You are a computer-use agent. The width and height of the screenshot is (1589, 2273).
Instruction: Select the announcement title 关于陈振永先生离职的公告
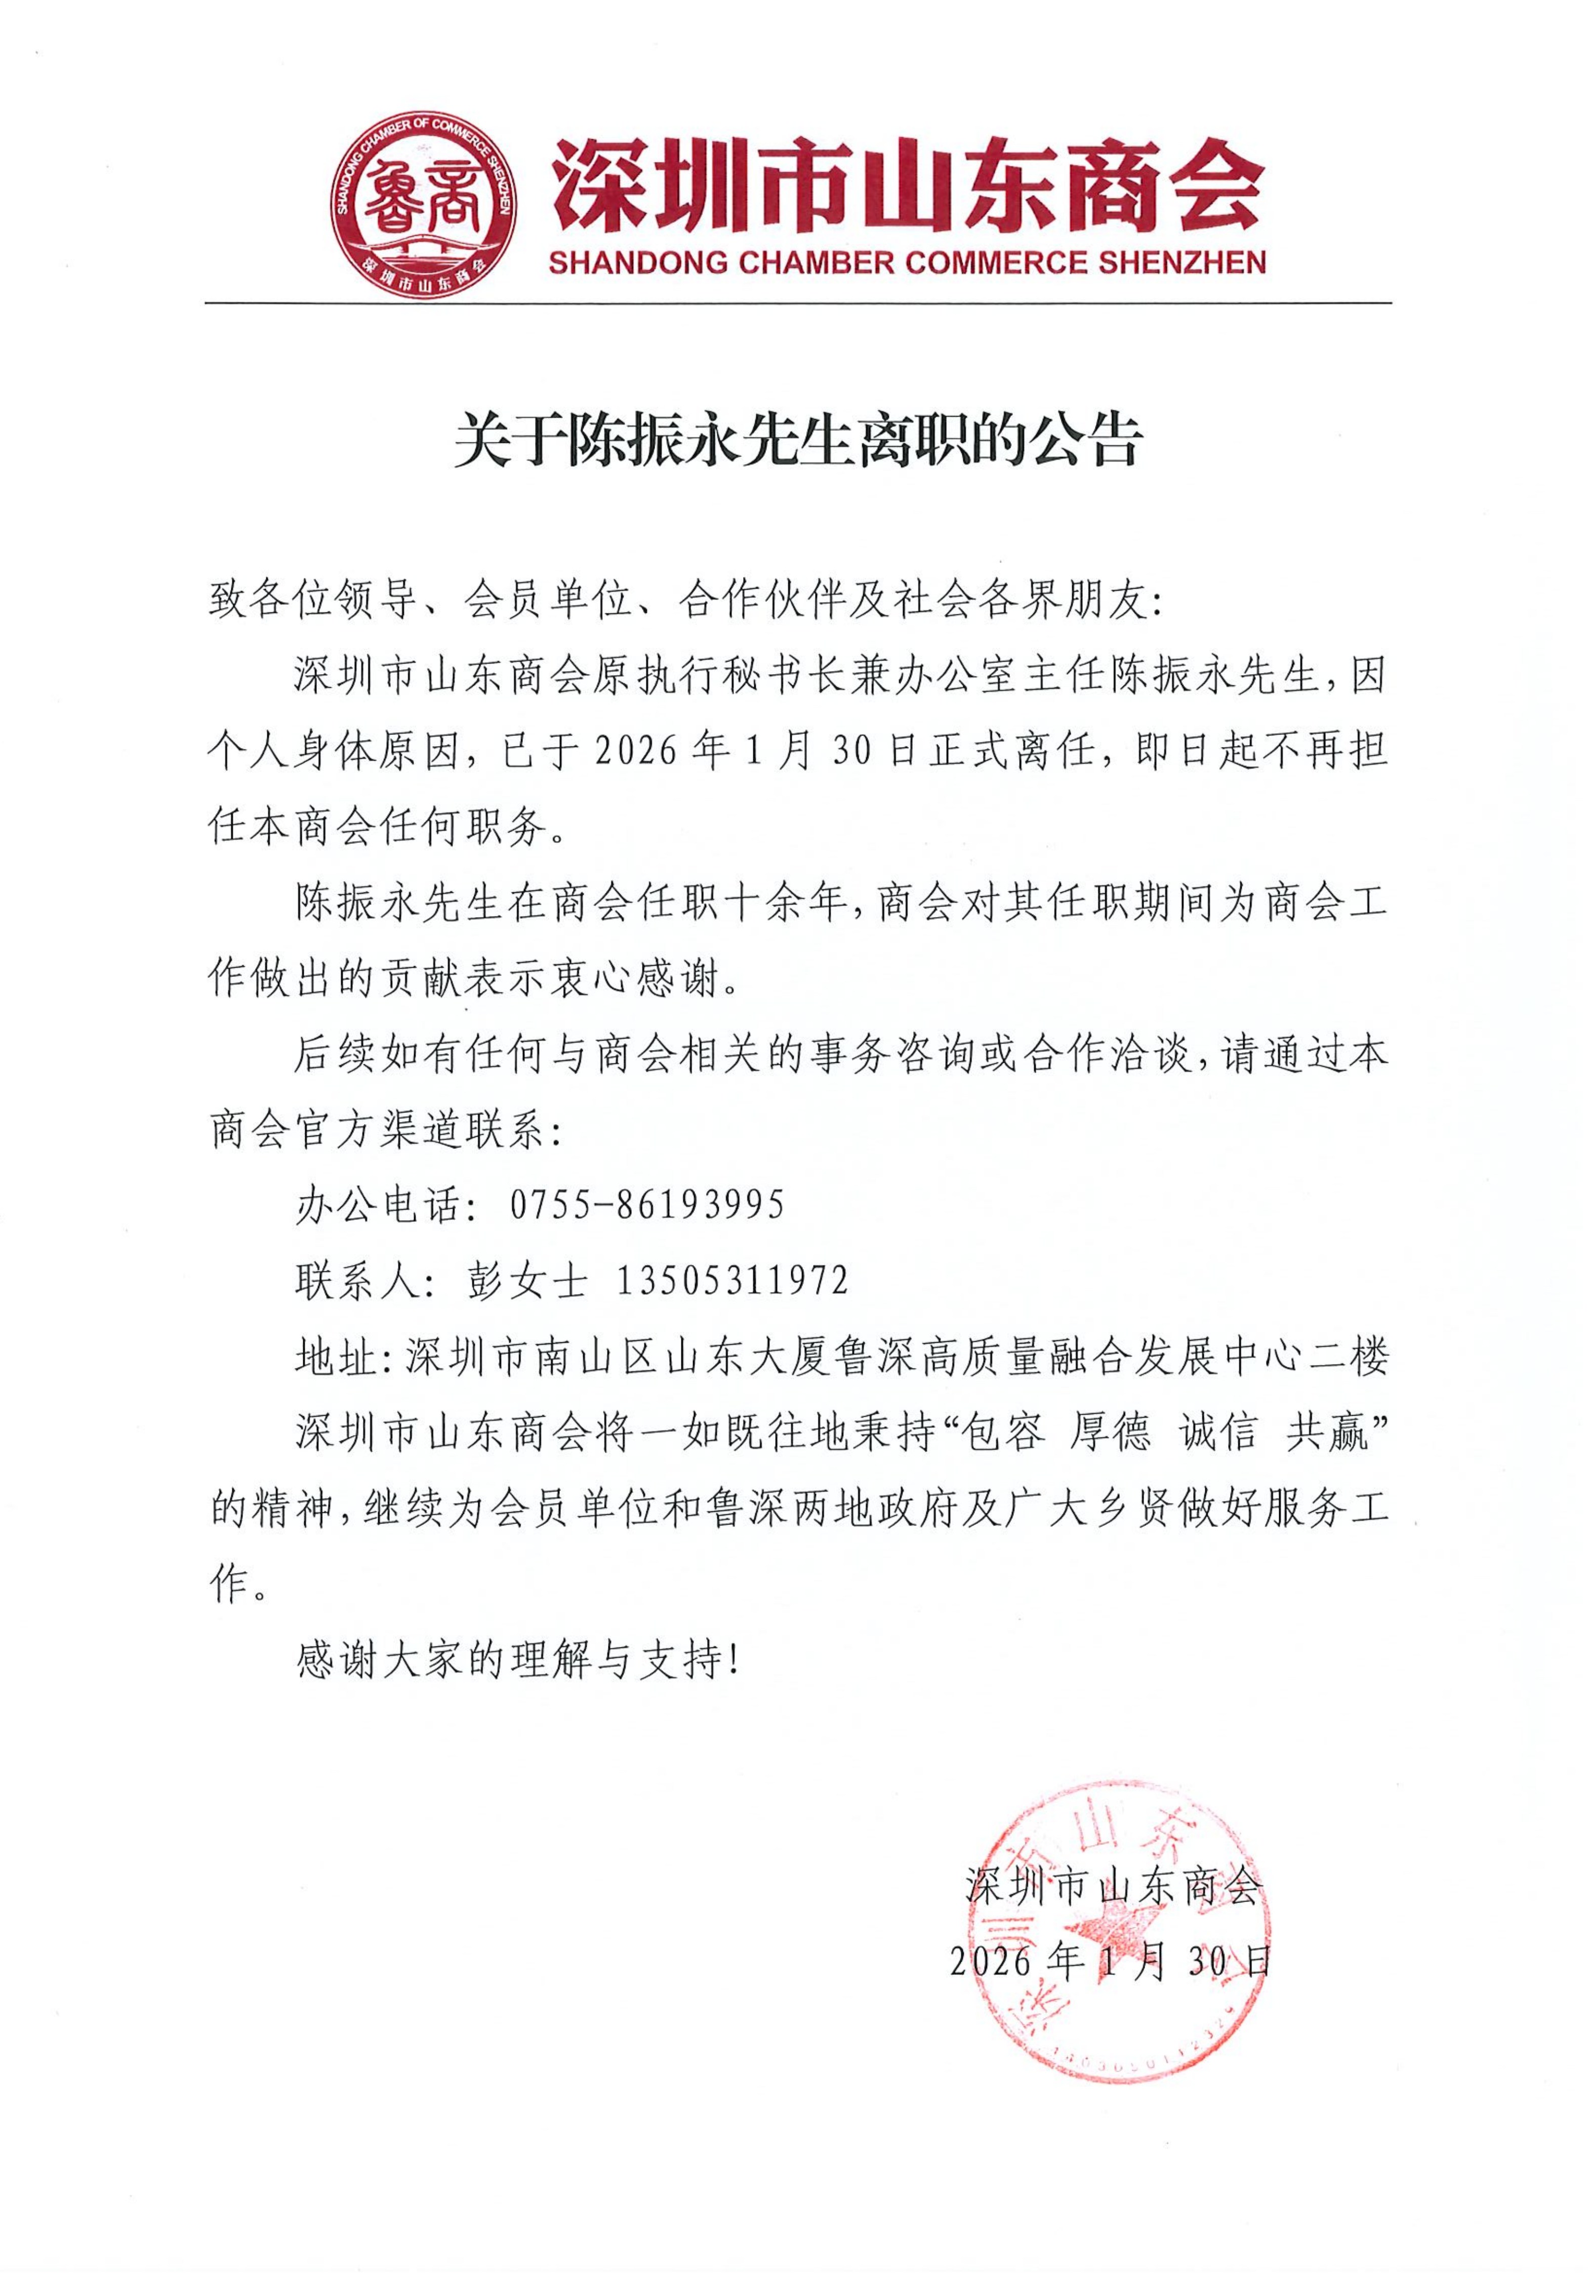(x=798, y=441)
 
